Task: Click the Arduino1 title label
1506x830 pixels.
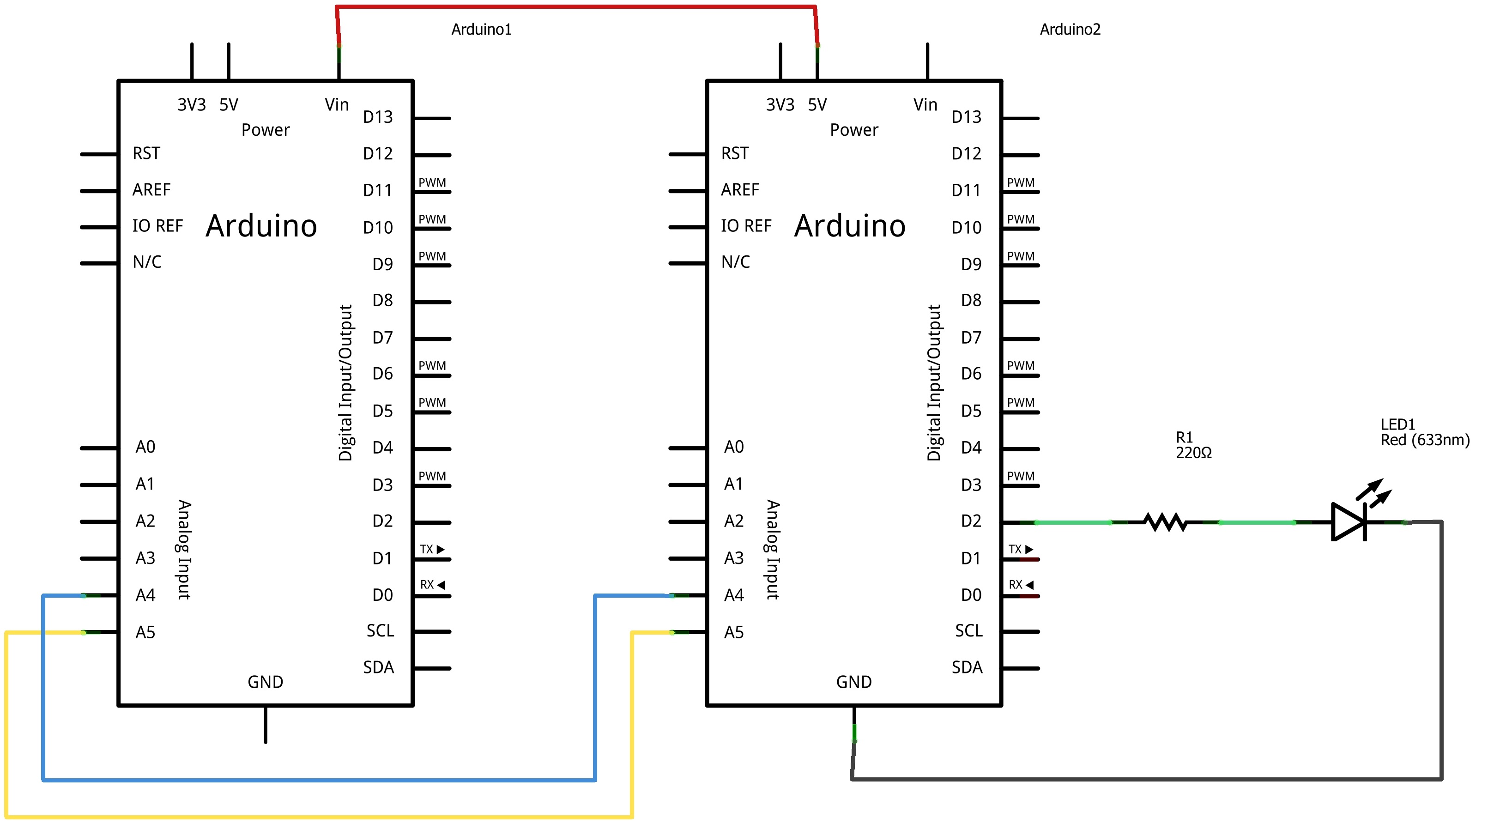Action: coord(481,29)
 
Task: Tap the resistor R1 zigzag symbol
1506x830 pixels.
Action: coord(1165,522)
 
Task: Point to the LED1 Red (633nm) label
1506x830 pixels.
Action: coord(1424,432)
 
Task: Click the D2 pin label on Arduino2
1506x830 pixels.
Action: coord(970,521)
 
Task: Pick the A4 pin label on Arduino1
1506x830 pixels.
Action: coord(145,595)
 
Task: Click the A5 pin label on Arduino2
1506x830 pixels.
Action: coord(734,632)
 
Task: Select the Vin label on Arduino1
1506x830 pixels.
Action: coord(337,105)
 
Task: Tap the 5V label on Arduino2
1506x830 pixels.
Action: coord(817,105)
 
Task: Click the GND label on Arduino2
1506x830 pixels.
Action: coord(853,682)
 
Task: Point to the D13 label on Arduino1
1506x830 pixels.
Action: coord(378,117)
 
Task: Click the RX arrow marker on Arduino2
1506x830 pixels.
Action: coord(1029,584)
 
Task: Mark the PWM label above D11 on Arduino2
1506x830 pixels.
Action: coord(1020,182)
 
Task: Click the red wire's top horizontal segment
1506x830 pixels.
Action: coord(576,7)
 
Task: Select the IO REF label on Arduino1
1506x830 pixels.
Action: coord(157,225)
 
